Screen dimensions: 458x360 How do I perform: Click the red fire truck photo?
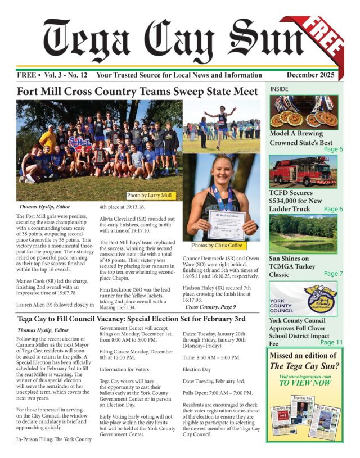point(303,171)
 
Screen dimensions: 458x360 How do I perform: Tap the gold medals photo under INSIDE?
point(303,112)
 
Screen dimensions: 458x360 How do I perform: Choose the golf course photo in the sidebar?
point(303,233)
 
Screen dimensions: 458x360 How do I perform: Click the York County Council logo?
point(303,298)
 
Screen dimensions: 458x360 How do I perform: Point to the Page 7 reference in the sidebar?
point(330,274)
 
